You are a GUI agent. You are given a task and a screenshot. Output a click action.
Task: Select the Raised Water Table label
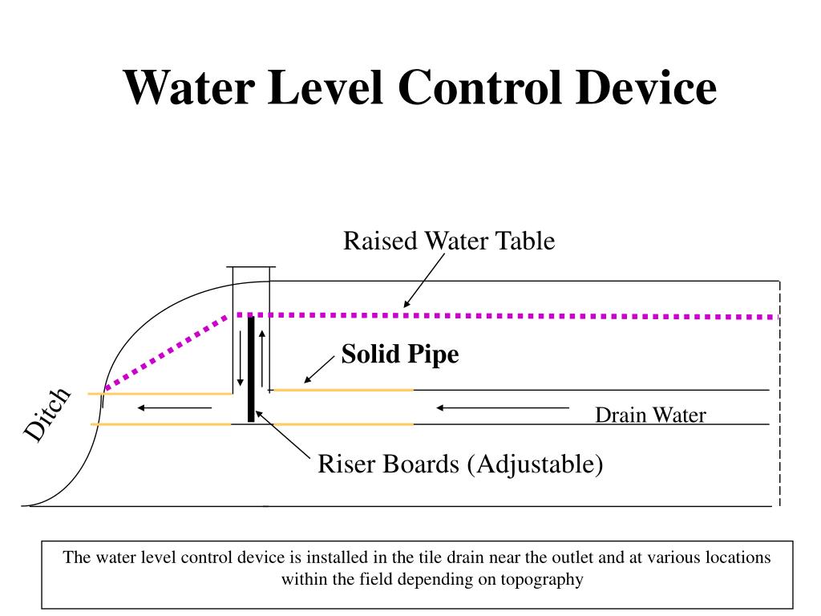tap(449, 241)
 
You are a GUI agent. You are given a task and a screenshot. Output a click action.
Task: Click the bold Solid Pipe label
tap(400, 354)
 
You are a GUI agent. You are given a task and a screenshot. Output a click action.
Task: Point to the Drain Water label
tap(650, 415)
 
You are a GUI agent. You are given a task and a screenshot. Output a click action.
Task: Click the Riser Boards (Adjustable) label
tap(460, 464)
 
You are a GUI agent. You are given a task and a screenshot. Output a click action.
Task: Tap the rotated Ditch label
tap(47, 414)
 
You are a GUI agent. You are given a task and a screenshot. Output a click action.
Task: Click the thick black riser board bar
tap(251, 369)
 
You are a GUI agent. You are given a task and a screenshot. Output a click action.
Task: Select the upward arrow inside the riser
tap(262, 358)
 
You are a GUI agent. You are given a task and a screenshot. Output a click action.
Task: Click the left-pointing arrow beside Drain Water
tap(502, 407)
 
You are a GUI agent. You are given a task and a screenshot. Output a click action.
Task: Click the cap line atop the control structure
tap(251, 266)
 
